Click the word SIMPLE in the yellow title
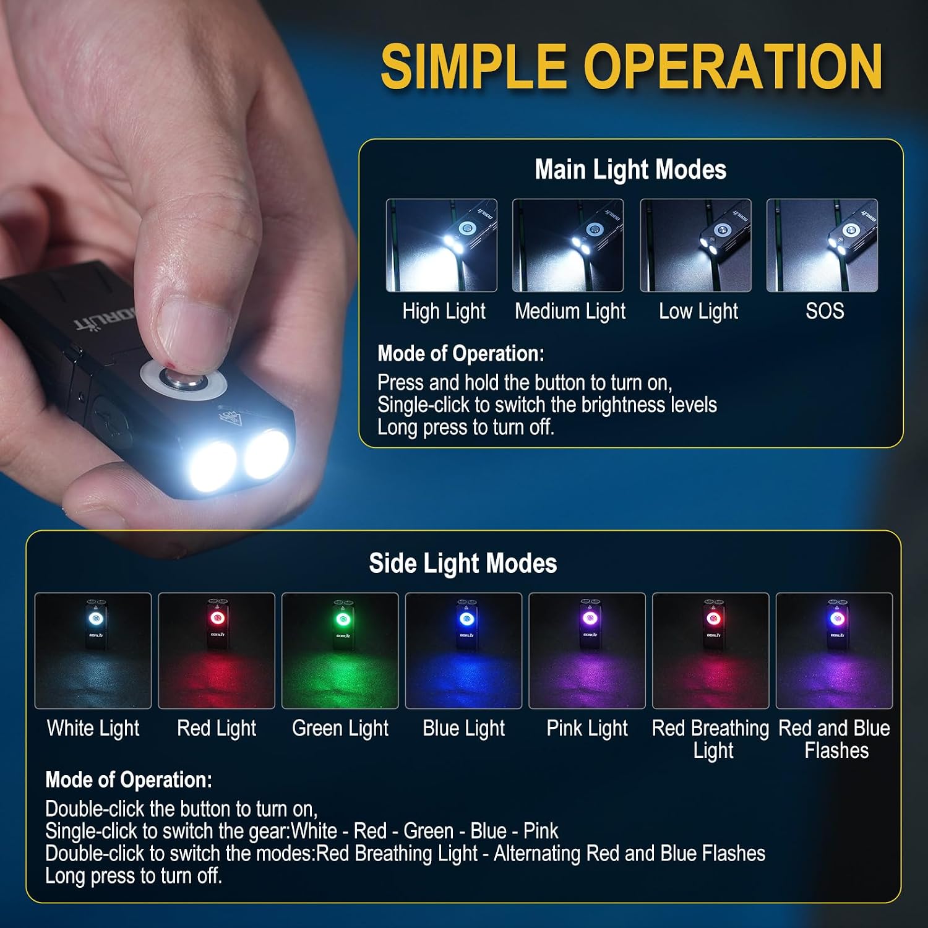tap(474, 67)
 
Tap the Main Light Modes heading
tap(630, 170)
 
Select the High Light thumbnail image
tap(442, 245)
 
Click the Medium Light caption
tap(570, 311)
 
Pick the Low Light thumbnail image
tap(695, 245)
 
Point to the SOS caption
tap(825, 311)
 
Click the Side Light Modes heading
tap(463, 563)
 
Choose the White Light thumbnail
tap(93, 651)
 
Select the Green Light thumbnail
tap(340, 651)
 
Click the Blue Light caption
tap(464, 729)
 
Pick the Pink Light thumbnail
tap(587, 651)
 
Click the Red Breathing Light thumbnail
tap(711, 651)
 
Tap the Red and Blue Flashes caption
tap(835, 739)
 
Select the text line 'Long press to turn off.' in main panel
tap(466, 427)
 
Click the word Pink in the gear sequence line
tap(541, 831)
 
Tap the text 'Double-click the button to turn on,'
tap(181, 809)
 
